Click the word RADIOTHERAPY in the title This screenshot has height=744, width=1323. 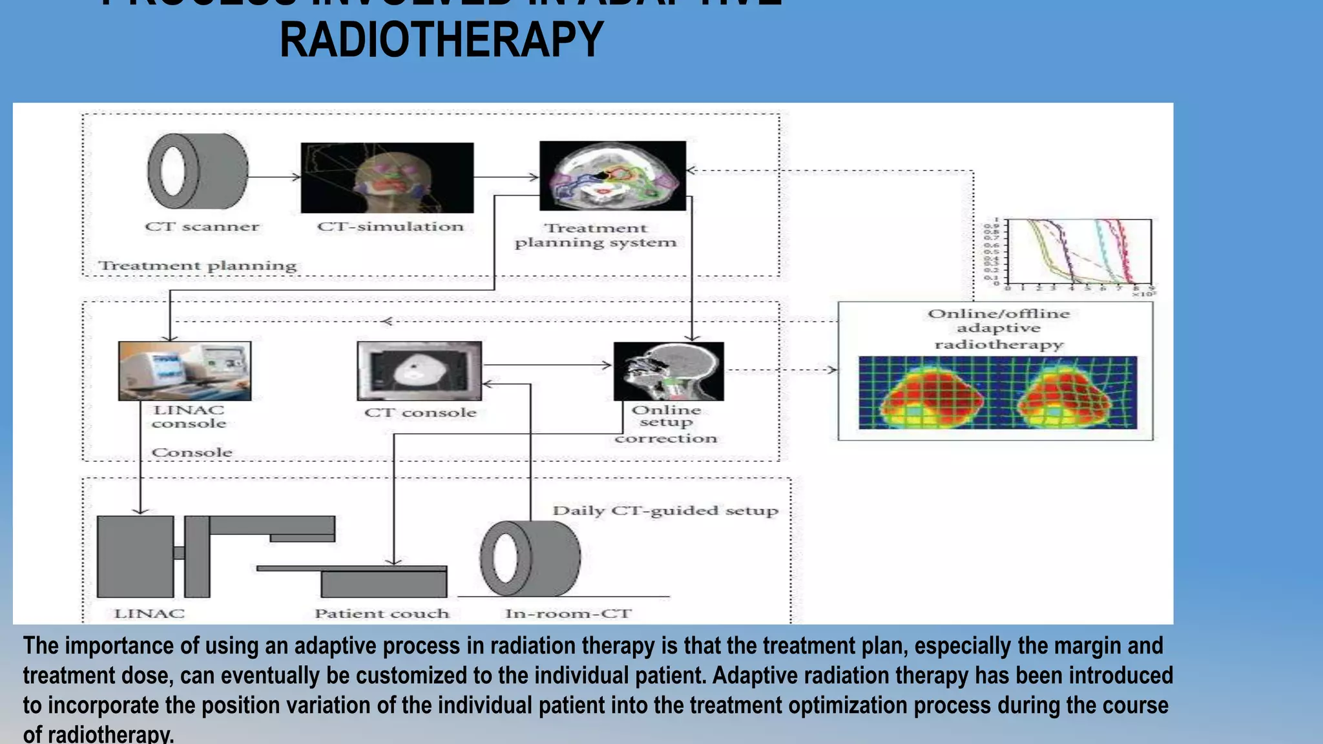coord(441,40)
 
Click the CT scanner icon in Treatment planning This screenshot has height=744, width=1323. coord(197,171)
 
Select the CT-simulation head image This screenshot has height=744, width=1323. coord(387,178)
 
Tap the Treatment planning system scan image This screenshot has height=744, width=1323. coord(612,176)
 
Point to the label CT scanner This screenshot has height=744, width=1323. coord(202,227)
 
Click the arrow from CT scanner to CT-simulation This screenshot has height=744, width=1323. coord(274,177)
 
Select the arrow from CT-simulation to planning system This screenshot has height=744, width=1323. coord(506,177)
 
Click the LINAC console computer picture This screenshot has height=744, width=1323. coord(185,371)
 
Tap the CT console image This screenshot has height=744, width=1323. coord(419,371)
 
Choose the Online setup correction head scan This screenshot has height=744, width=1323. coord(669,371)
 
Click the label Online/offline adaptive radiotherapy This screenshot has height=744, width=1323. coord(999,329)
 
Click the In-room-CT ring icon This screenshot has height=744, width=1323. coord(530,559)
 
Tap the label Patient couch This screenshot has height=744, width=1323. coord(381,614)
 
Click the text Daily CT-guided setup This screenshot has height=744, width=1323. coord(665,511)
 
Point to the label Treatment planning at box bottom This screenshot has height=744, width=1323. coord(197,265)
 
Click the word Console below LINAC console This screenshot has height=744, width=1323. coord(192,453)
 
